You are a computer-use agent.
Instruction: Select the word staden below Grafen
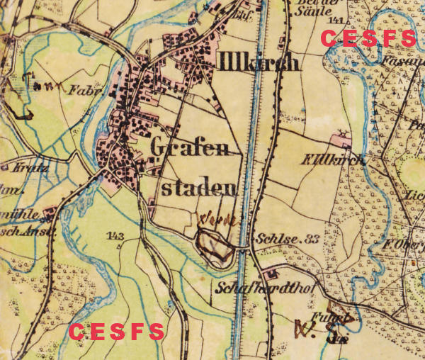click(199, 188)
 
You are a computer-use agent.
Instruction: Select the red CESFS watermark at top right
click(368, 39)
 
